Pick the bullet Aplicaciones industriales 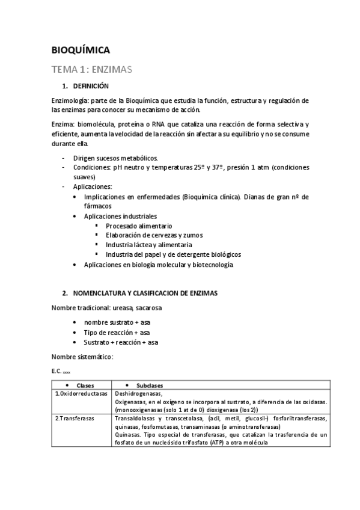(x=120, y=216)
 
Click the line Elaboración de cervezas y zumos (x=154, y=235)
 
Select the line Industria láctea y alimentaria (x=149, y=245)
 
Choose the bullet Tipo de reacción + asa (x=118, y=332)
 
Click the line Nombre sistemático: (x=82, y=357)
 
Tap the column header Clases (x=82, y=386)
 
